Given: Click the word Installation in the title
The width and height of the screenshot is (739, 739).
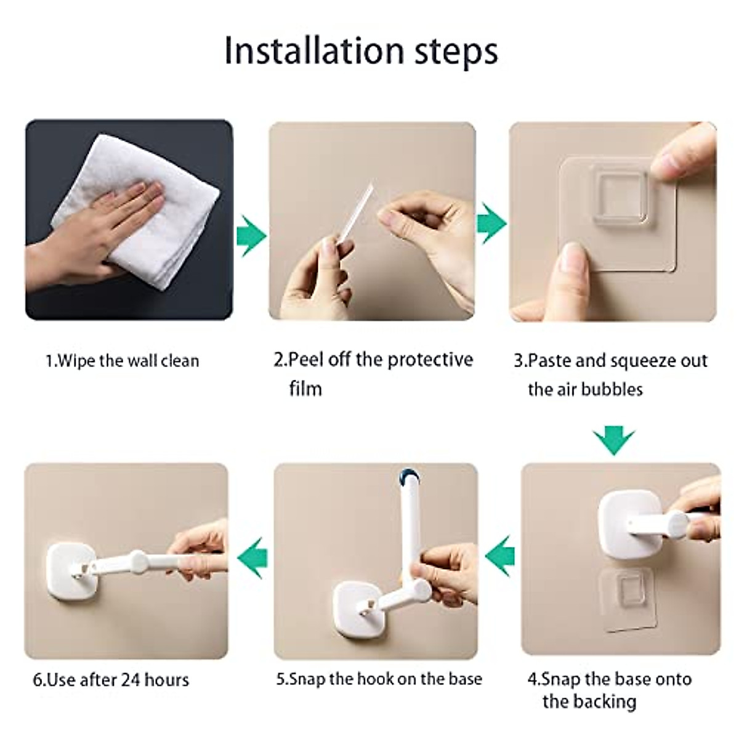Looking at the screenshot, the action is [x=314, y=51].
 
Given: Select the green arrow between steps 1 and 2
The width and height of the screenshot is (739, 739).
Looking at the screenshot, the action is [x=251, y=235].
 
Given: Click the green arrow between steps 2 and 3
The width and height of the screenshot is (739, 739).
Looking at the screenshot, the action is [x=491, y=224].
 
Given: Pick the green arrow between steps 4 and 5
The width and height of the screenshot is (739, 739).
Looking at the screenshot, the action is [x=499, y=555].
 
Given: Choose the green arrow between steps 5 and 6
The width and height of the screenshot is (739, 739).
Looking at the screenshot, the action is [x=252, y=557].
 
